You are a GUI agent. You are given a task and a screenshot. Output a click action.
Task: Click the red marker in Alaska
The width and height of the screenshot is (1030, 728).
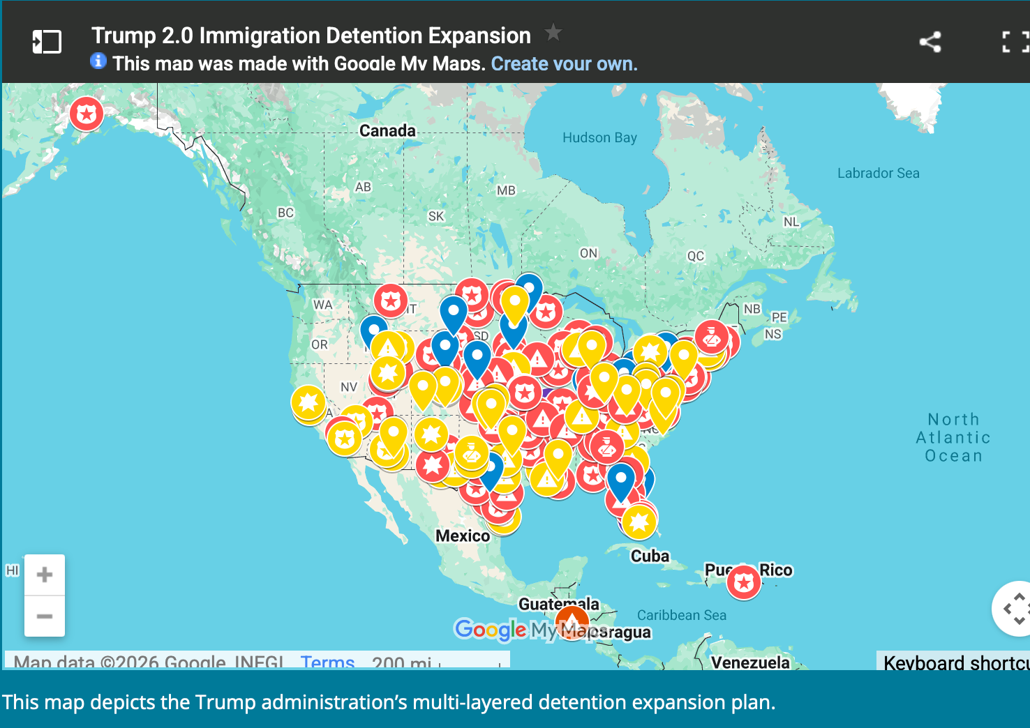click(x=87, y=114)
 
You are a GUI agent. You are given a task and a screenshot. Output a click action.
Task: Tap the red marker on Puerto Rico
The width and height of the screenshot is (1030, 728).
click(x=744, y=582)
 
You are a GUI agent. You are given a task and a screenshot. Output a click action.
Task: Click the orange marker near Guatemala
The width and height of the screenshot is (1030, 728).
click(x=572, y=620)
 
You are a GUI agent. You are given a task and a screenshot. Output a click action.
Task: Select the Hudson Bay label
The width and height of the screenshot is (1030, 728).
click(x=599, y=138)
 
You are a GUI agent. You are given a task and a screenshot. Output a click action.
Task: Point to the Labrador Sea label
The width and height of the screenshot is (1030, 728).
click(x=878, y=174)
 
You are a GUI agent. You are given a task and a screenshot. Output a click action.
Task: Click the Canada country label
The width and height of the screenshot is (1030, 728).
click(x=387, y=131)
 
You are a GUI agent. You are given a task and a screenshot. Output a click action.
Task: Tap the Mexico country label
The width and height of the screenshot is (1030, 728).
click(x=463, y=536)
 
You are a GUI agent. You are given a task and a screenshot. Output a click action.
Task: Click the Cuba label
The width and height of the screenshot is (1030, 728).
click(x=650, y=556)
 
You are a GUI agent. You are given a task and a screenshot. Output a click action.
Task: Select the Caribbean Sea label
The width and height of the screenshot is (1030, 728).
click(x=681, y=615)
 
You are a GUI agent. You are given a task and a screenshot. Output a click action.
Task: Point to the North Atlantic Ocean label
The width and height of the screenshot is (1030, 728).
click(x=953, y=438)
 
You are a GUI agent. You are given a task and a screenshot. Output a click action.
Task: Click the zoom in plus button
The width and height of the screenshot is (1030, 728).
click(x=45, y=575)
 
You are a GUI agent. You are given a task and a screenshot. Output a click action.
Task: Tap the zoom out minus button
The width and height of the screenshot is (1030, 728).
click(x=45, y=616)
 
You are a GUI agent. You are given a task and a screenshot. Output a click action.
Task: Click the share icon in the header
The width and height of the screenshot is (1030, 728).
click(x=930, y=42)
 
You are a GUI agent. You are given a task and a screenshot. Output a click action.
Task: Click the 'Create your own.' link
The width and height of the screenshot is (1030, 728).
click(x=564, y=64)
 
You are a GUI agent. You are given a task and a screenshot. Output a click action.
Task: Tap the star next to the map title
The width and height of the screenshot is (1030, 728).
click(x=553, y=32)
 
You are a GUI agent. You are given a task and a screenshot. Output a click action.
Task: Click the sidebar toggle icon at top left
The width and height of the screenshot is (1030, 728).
click(x=47, y=42)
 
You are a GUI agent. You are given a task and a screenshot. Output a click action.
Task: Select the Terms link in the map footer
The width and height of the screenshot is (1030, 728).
click(x=327, y=662)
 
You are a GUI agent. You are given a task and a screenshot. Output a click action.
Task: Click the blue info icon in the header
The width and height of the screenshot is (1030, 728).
click(x=98, y=61)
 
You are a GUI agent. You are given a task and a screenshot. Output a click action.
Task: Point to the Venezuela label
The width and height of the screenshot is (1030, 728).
click(x=750, y=662)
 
